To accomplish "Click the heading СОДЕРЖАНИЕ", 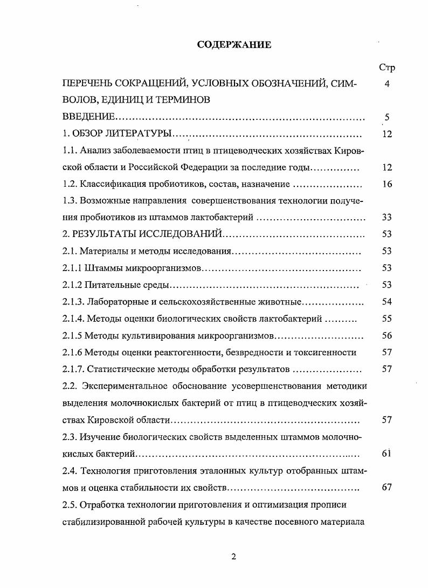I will pyautogui.click(x=234, y=45).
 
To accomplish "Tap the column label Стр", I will pyautogui.click(x=386, y=68).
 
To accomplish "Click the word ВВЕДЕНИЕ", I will pyautogui.click(x=88, y=117).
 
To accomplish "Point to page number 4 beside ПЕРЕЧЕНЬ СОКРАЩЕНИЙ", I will pyautogui.click(x=386, y=84).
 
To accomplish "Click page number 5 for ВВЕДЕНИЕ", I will pyautogui.click(x=386, y=117).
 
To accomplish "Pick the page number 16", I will pyautogui.click(x=386, y=184).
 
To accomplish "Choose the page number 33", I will pyautogui.click(x=386, y=218).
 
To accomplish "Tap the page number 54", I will pyautogui.click(x=386, y=301).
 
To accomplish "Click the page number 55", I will pyautogui.click(x=386, y=319).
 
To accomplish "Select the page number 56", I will pyautogui.click(x=386, y=335).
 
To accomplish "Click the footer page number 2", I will pyautogui.click(x=233, y=557).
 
